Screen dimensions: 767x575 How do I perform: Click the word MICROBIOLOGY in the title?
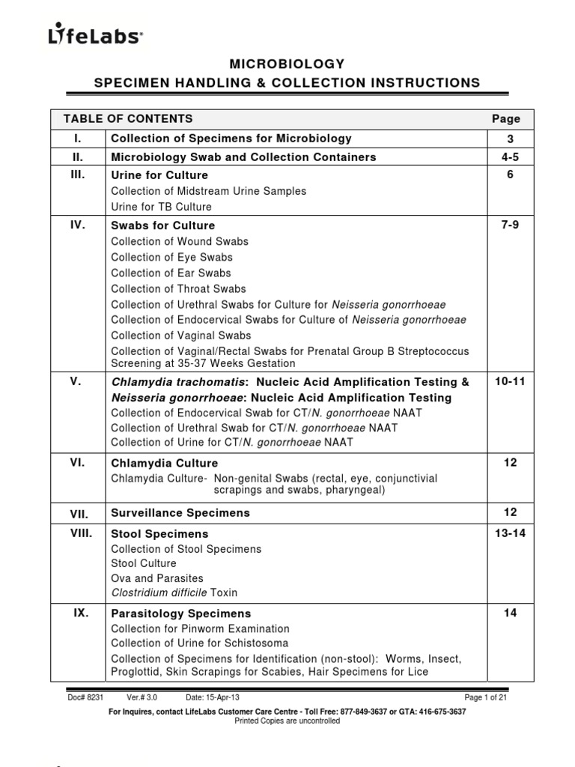287,64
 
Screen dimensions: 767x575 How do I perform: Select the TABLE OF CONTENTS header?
128,118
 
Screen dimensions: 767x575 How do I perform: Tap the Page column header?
505,118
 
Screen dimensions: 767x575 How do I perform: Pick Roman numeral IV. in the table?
76,225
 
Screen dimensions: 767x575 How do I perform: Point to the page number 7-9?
510,225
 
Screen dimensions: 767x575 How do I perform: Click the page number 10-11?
510,382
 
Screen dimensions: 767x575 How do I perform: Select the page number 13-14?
510,533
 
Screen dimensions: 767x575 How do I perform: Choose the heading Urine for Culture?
159,175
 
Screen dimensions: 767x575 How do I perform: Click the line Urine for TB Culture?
161,207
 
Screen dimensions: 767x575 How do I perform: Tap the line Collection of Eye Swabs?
171,257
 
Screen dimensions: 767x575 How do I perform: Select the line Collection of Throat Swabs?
178,288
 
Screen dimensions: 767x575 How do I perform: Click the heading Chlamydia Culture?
165,463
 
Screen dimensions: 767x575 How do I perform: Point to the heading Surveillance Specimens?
180,513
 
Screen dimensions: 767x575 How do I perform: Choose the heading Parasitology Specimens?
180,613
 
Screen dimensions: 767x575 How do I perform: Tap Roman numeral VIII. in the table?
80,533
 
